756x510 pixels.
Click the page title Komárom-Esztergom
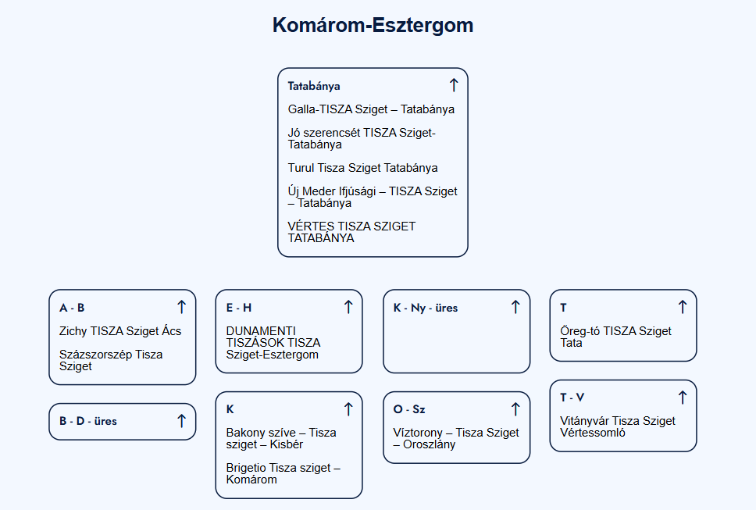tap(373, 25)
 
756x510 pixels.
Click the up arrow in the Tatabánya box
tap(454, 85)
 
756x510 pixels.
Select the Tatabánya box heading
tap(314, 86)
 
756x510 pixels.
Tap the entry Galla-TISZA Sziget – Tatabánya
tap(371, 109)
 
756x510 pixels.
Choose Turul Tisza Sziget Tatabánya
tap(362, 168)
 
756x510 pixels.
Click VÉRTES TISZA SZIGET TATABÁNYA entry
tap(351, 232)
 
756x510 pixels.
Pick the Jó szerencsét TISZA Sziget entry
tap(362, 138)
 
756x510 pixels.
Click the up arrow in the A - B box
tap(181, 307)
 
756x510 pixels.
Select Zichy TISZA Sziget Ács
tap(120, 331)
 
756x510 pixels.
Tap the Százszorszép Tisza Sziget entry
tap(111, 360)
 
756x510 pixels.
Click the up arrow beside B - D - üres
tap(181, 421)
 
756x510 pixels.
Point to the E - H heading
tap(239, 308)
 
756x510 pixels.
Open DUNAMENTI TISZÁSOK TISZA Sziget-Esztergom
tap(273, 343)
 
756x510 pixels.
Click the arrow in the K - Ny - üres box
tap(515, 307)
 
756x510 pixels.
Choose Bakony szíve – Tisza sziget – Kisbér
tap(281, 438)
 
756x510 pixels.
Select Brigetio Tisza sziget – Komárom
tap(283, 473)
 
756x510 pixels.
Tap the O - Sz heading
tap(409, 409)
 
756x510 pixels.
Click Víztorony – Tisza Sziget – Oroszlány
tap(455, 438)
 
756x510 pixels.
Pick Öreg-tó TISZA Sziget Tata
tap(615, 337)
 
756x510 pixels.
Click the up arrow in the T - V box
tap(683, 398)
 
